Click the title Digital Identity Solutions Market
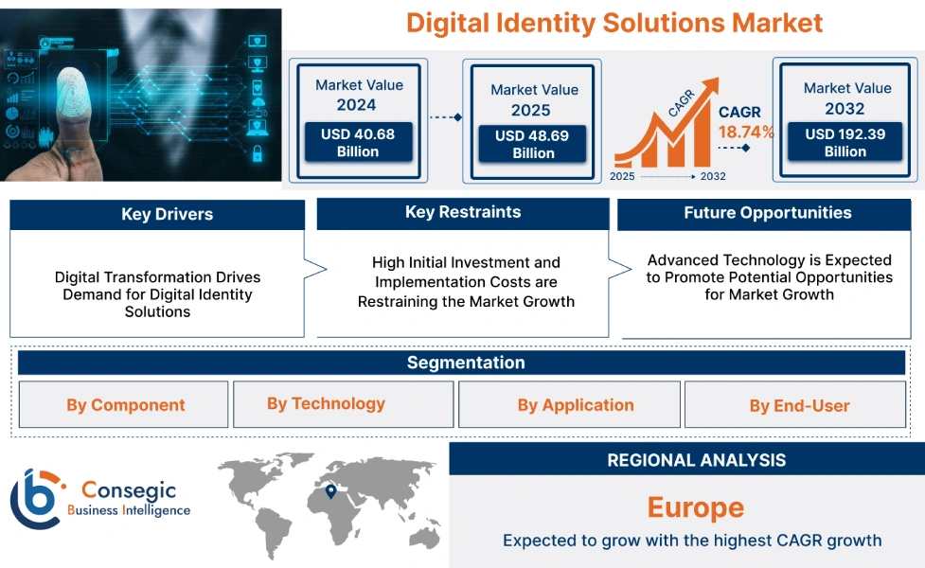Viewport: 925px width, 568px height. click(614, 23)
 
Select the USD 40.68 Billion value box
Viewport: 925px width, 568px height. click(358, 142)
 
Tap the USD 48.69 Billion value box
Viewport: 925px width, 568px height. click(533, 144)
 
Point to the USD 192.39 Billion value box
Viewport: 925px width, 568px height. click(845, 142)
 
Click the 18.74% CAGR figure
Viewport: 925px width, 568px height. click(745, 132)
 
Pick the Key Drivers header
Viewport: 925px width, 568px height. click(157, 214)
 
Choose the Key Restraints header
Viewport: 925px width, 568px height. click(463, 212)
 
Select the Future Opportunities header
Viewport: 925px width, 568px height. click(768, 213)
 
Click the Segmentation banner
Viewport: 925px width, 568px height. click(466, 363)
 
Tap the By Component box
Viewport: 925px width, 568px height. click(125, 405)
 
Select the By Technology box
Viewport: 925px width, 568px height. click(326, 403)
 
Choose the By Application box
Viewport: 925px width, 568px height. click(576, 405)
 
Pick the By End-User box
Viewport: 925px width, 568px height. click(800, 406)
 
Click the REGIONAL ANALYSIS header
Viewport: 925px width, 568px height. click(696, 460)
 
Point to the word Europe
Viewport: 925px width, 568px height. click(696, 507)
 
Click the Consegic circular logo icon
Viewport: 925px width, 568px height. click(36, 498)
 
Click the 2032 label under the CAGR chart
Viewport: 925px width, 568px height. click(713, 176)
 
